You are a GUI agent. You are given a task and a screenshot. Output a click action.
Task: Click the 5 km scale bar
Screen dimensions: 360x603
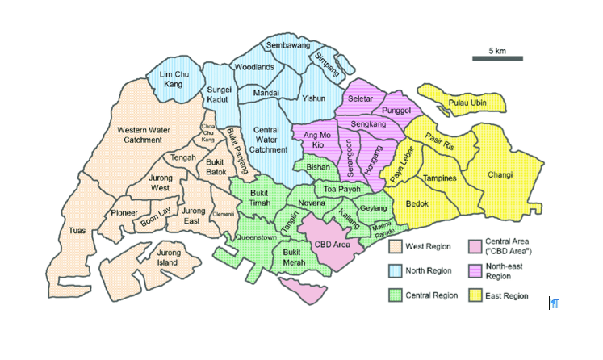click(497, 58)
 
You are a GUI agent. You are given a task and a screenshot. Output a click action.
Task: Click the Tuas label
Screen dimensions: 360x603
click(77, 231)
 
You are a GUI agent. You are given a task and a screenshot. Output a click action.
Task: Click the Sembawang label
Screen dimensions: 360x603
click(288, 46)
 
